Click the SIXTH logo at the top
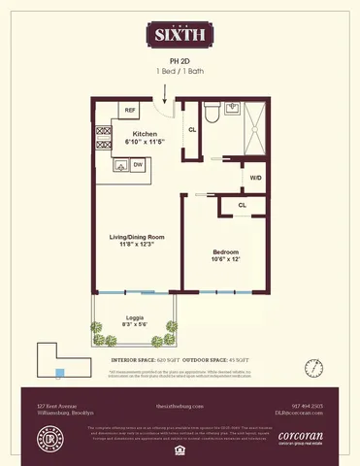180,36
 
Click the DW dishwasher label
138,165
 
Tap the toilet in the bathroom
233,109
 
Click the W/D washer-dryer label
256,179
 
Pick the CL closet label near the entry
192,129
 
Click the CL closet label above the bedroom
241,206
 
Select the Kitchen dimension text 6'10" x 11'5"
147,143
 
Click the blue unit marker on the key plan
60,372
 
